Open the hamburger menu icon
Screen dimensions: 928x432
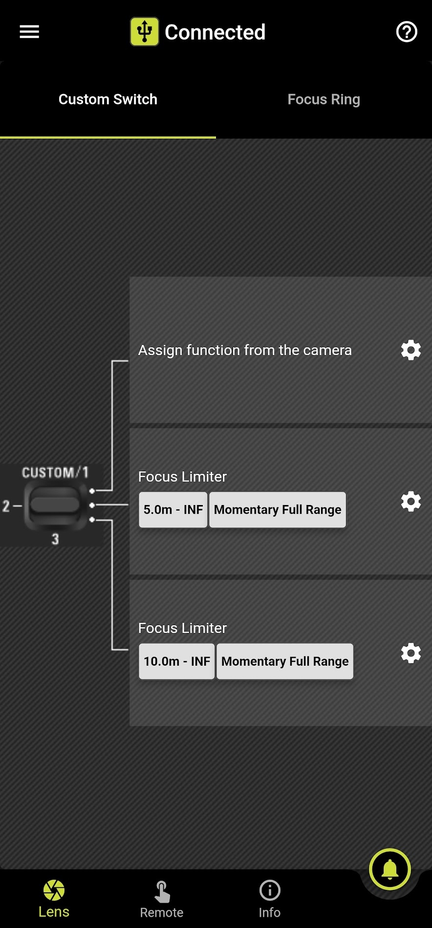pyautogui.click(x=29, y=32)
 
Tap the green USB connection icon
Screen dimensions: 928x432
pyautogui.click(x=144, y=32)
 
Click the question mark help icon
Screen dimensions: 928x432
pyautogui.click(x=406, y=32)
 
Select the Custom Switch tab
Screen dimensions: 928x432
pyautogui.click(x=108, y=100)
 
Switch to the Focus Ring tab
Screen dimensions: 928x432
pyautogui.click(x=324, y=100)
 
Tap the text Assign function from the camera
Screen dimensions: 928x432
pyautogui.click(x=245, y=350)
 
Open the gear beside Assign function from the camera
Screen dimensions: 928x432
pyautogui.click(x=410, y=350)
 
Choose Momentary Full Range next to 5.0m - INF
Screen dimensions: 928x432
pyautogui.click(x=278, y=510)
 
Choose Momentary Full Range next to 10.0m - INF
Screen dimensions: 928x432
pyautogui.click(x=285, y=661)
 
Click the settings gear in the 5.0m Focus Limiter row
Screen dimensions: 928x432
pyautogui.click(x=410, y=502)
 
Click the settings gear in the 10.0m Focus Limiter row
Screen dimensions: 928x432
pyautogui.click(x=410, y=653)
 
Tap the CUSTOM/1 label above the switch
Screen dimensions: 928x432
pyautogui.click(x=55, y=472)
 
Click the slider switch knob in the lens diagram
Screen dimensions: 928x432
pyautogui.click(x=55, y=505)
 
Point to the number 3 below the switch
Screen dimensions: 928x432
pyautogui.click(x=55, y=539)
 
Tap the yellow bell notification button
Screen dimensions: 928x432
pyautogui.click(x=390, y=869)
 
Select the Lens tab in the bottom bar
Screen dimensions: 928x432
pyautogui.click(x=54, y=899)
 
